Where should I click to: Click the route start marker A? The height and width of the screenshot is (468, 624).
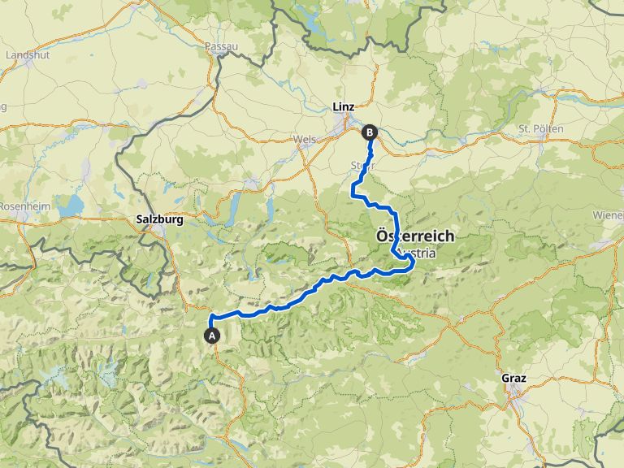(x=212, y=335)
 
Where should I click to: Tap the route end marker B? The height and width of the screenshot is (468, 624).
(x=370, y=132)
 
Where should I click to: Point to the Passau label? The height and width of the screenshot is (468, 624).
(x=222, y=46)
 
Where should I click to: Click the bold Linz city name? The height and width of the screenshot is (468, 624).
(x=344, y=106)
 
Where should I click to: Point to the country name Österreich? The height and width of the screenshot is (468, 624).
(x=414, y=236)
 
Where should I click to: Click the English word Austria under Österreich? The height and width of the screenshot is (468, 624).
(x=418, y=253)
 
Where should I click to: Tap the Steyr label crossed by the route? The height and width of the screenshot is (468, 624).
(x=362, y=165)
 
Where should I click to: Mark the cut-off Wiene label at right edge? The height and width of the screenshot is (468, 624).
(x=607, y=215)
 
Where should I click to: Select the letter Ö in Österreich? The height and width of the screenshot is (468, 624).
(x=381, y=236)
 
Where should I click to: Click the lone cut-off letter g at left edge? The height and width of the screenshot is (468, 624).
(x=3, y=106)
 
